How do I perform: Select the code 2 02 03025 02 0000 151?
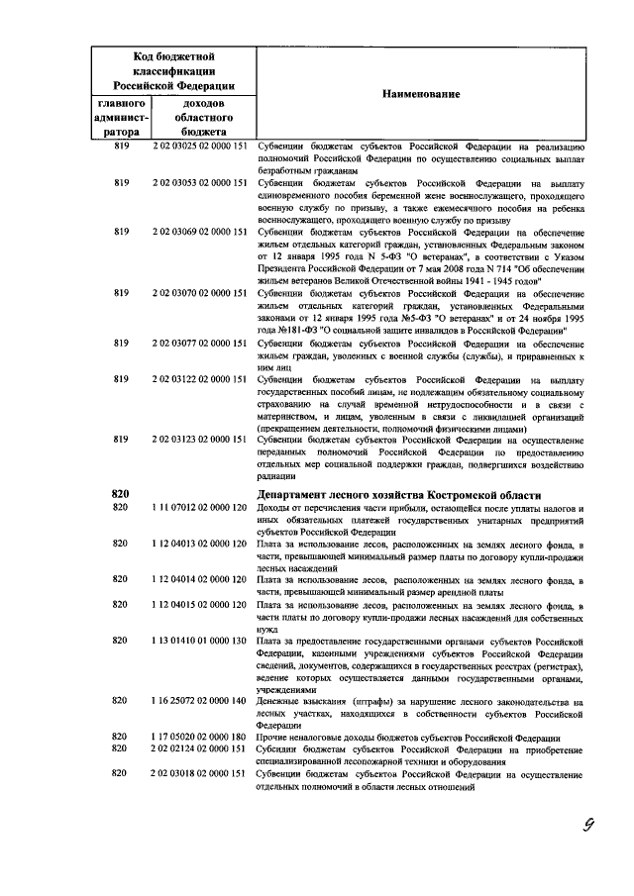point(198,146)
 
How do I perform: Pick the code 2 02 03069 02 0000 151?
point(198,232)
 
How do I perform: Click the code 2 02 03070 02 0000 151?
point(198,293)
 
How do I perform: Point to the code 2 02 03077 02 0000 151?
point(198,343)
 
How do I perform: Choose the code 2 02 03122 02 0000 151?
point(198,379)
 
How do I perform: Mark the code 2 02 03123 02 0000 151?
point(198,439)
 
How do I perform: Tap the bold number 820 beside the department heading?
point(121,495)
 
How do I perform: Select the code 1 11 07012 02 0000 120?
point(198,508)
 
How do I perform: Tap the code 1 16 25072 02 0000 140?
point(198,701)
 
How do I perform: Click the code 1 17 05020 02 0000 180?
point(198,738)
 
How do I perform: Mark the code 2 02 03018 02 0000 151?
point(198,774)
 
